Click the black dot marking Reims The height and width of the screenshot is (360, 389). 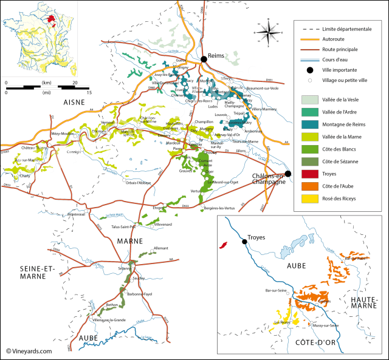(x=205, y=55)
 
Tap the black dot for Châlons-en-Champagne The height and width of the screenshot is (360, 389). (x=288, y=174)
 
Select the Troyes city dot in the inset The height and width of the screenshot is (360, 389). (x=244, y=242)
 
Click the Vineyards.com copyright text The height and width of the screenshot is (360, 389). (x=29, y=351)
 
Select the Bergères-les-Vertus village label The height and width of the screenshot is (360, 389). (x=219, y=208)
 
